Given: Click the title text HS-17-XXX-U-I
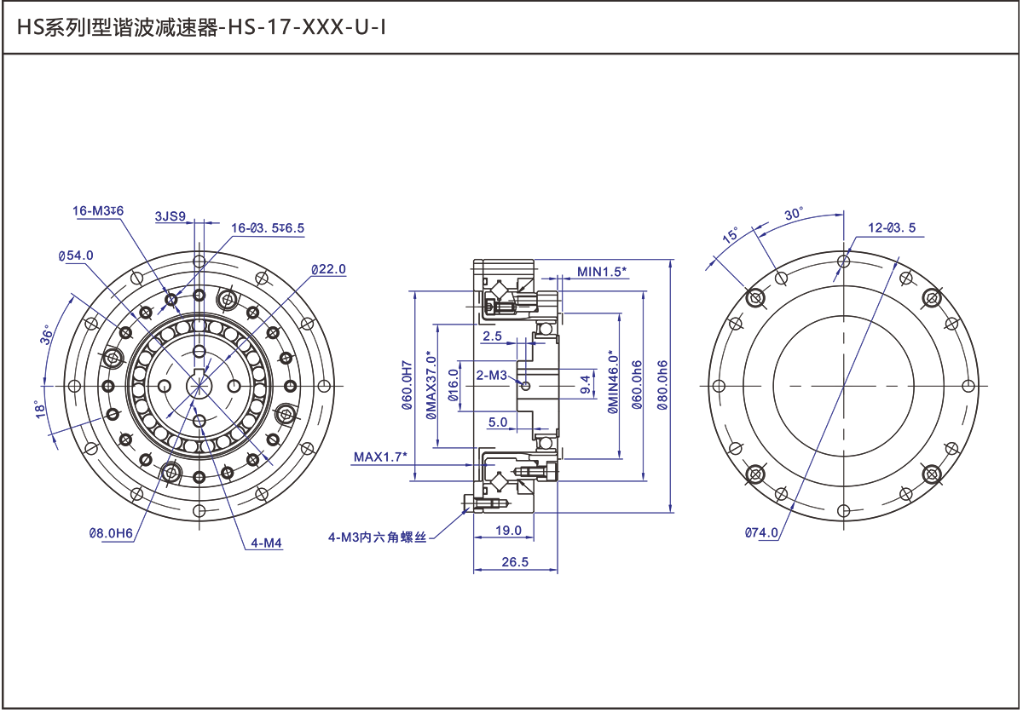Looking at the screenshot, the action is pos(306,28).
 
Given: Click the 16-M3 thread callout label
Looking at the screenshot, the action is pos(98,210).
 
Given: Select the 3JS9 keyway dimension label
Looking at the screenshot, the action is pos(170,216).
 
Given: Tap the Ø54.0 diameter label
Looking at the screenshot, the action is pos(76,256).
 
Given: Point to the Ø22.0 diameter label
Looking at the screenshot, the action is pos(329,270).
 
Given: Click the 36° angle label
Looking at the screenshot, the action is pos(47,335).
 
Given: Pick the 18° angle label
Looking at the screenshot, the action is pos(40,409).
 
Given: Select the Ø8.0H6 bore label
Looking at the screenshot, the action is pos(111,533).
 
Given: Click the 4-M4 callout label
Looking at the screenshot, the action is pos(266,543).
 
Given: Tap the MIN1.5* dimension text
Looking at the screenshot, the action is pos(602,272).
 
